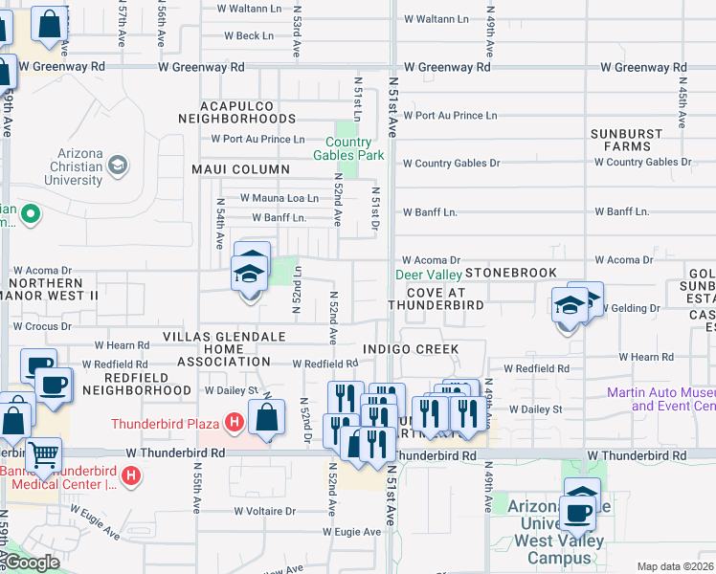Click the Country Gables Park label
click(348, 148)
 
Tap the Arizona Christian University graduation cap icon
click(118, 166)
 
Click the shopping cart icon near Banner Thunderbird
click(43, 455)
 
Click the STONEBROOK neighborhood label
click(511, 274)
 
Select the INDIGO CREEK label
click(411, 349)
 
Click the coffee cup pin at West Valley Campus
click(578, 513)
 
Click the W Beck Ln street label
click(249, 36)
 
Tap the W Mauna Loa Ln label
click(279, 198)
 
